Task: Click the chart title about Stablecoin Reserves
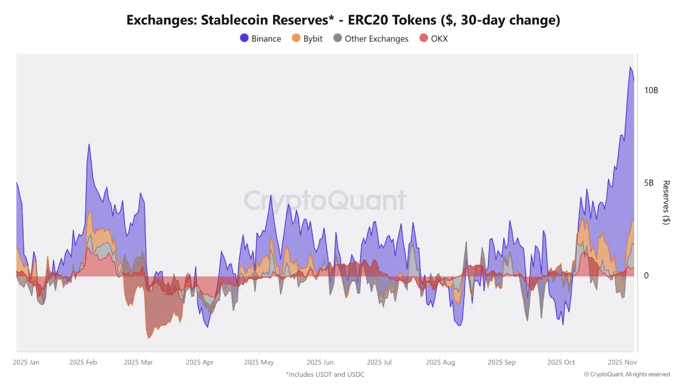coord(343,20)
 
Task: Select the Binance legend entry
coord(260,39)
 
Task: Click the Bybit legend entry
coord(307,39)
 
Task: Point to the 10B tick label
coord(651,90)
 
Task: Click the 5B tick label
coord(648,183)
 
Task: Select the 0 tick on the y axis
coord(646,276)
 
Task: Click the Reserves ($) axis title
coord(666,203)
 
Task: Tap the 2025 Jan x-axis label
coord(26,362)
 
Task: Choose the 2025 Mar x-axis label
coord(139,362)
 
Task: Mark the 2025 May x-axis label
coord(259,362)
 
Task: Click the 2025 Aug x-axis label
coord(440,362)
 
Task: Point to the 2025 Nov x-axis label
coord(622,362)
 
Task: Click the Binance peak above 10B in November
coord(630,67)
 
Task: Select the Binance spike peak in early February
coord(89,144)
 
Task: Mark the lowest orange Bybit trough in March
coord(149,338)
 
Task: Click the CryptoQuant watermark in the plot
coord(325,201)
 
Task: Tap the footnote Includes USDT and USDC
coord(325,374)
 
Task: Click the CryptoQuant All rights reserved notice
coord(627,374)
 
